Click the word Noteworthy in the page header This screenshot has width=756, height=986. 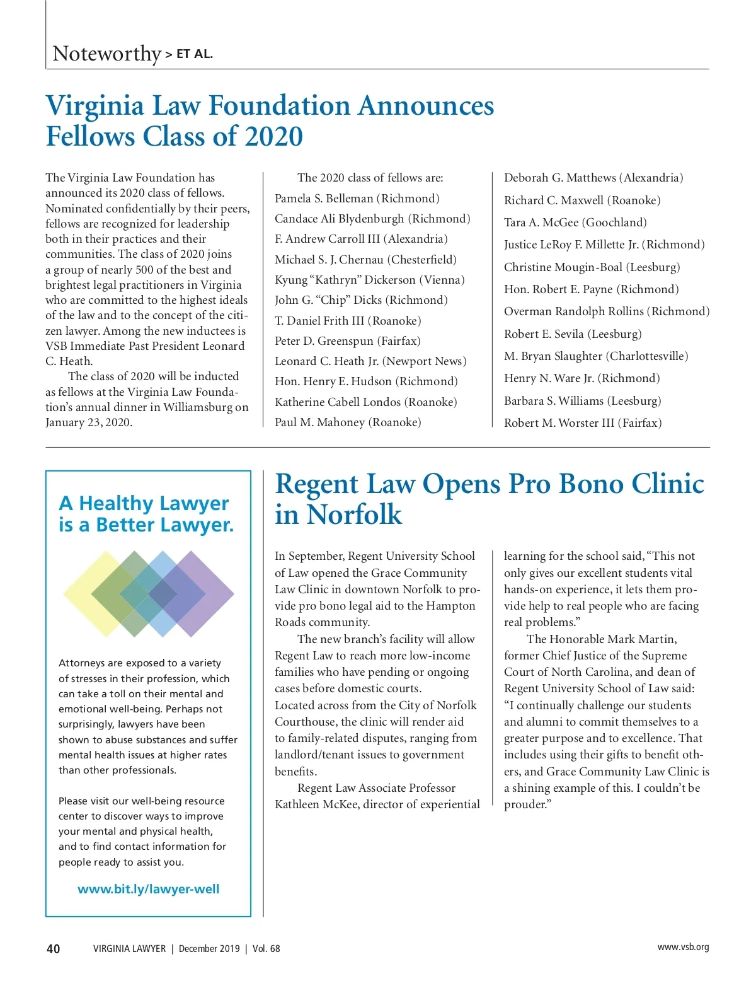(x=106, y=54)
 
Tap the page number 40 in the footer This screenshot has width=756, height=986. (x=54, y=949)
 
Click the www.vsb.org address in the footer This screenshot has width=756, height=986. (x=683, y=947)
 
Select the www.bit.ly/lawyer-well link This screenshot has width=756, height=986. (x=149, y=890)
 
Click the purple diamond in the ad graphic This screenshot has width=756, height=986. (x=202, y=593)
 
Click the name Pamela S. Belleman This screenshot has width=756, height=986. (x=324, y=199)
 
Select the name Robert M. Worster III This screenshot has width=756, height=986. (x=559, y=423)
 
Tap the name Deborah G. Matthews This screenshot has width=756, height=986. (x=560, y=178)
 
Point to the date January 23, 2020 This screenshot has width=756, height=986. (x=89, y=422)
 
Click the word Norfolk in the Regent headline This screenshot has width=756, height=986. (x=355, y=514)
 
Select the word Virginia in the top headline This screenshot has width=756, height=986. (x=95, y=105)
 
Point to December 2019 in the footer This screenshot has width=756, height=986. (x=209, y=949)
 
